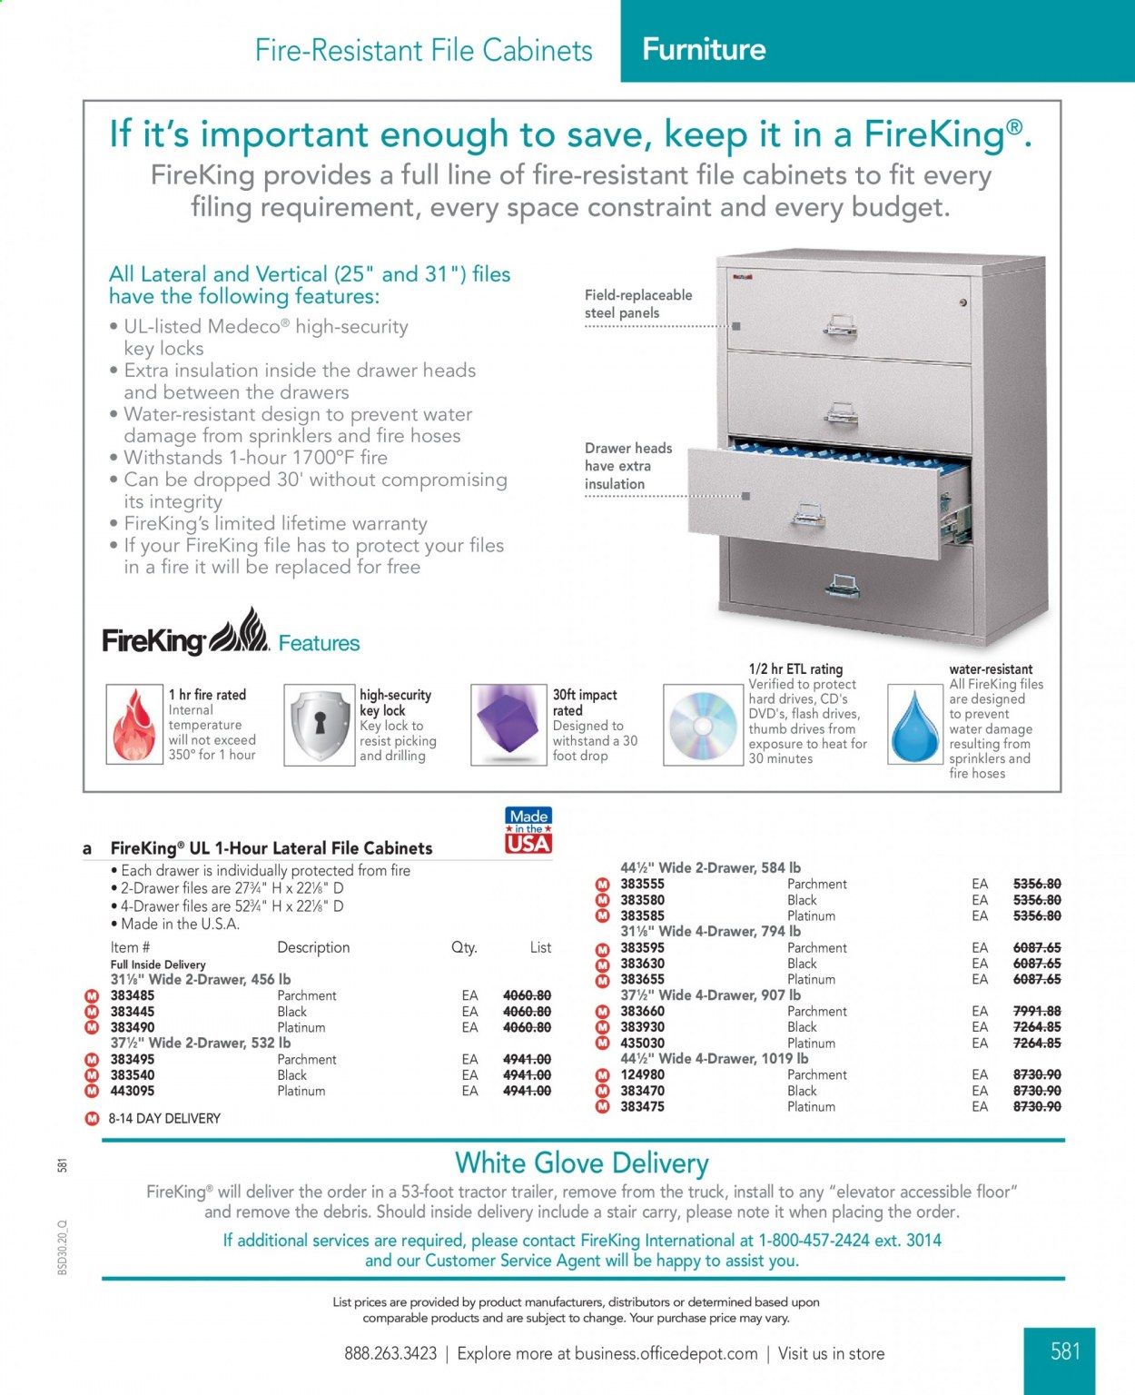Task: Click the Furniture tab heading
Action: point(704,49)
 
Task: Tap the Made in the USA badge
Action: point(528,830)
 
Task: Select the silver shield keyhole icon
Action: point(319,724)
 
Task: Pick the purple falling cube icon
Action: point(508,724)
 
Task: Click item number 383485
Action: point(133,995)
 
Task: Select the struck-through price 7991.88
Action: point(1036,1011)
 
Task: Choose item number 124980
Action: point(643,1074)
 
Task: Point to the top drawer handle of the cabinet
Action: point(840,325)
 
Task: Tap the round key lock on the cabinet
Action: point(963,302)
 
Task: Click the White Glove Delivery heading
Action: point(582,1162)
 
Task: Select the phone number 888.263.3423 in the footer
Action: point(390,1353)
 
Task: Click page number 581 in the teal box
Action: point(1065,1351)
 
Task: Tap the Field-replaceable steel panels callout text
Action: point(637,304)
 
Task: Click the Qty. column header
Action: point(464,947)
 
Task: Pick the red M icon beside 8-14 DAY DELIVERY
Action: point(91,1118)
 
